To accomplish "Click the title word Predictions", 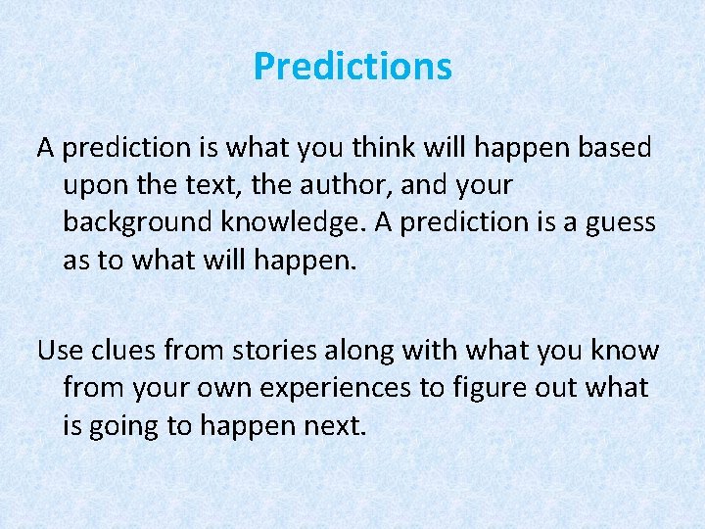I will pyautogui.click(x=352, y=67).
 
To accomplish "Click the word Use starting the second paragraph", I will pyautogui.click(x=59, y=350).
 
